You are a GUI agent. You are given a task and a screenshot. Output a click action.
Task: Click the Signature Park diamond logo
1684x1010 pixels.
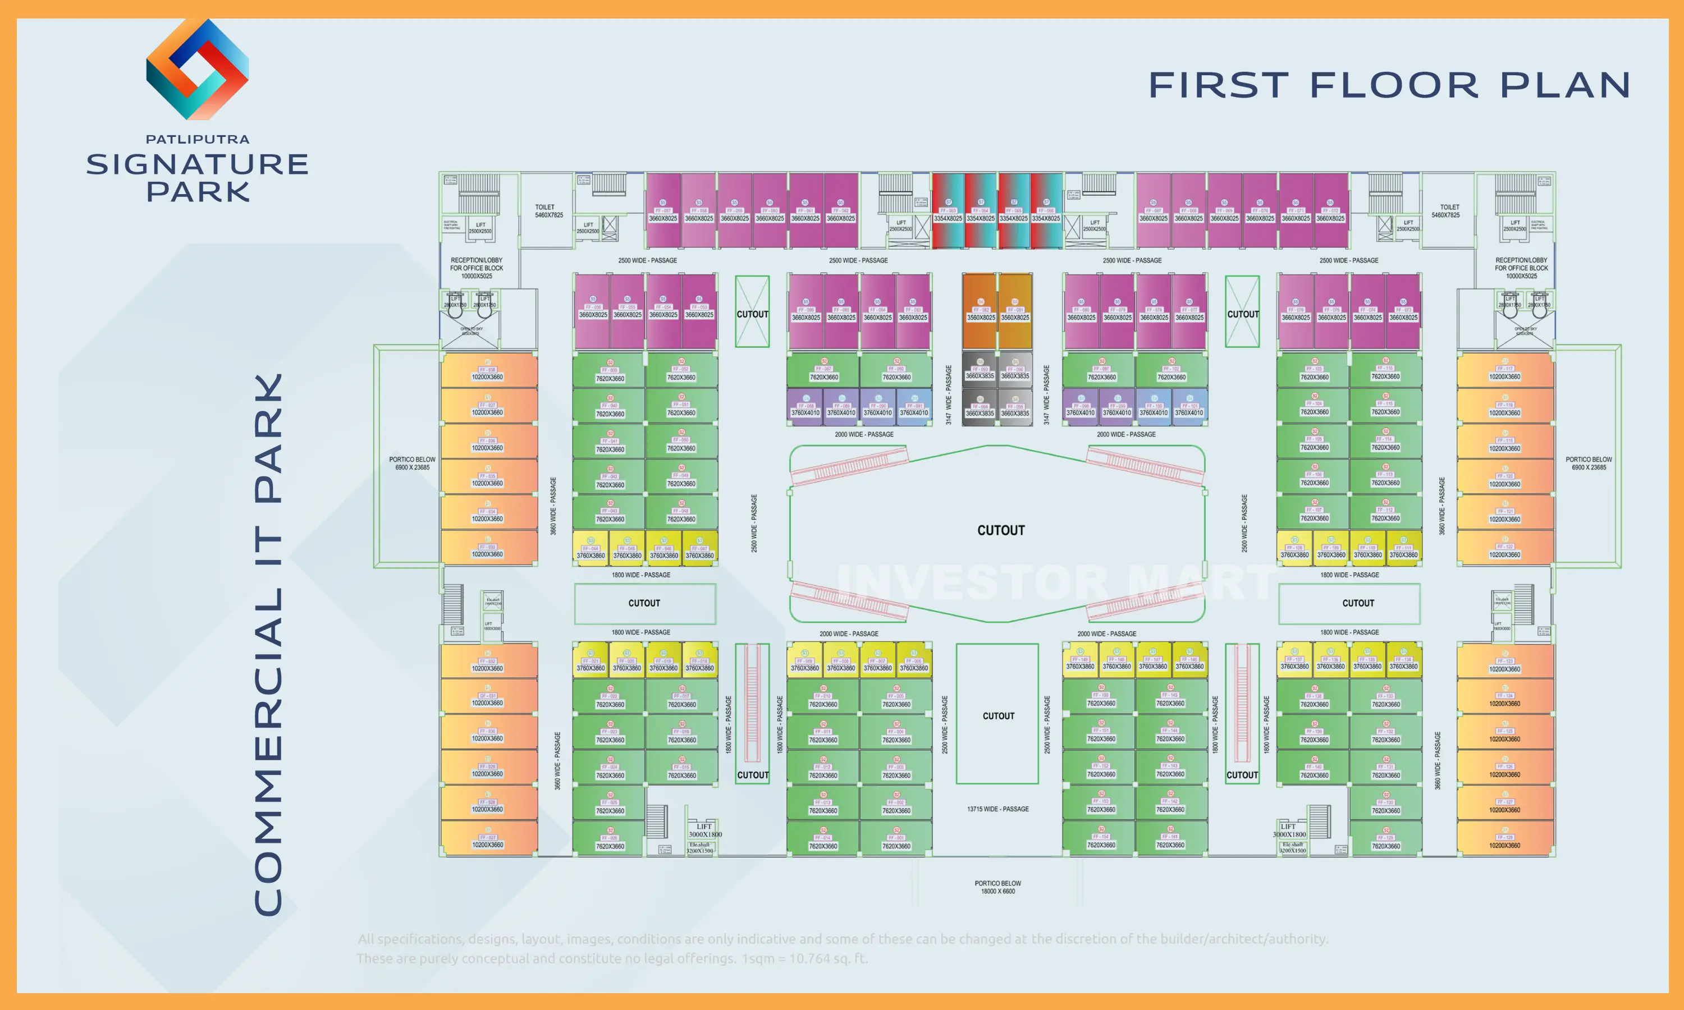click(x=198, y=70)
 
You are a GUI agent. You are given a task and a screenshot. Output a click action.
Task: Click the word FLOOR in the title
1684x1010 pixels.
click(x=1394, y=86)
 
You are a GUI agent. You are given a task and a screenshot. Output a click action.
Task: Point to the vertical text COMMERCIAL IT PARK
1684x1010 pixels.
click(x=268, y=643)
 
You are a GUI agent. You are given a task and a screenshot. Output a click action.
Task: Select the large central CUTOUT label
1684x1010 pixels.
click(x=1001, y=530)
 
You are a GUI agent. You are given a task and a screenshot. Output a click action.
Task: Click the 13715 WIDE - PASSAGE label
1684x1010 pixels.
click(x=998, y=809)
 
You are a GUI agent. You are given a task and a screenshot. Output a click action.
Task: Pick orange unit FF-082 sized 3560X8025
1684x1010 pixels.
click(x=980, y=312)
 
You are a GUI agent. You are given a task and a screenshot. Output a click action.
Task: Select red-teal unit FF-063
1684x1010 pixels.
click(x=948, y=211)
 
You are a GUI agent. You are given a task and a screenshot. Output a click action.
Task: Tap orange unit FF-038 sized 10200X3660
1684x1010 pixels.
click(x=487, y=371)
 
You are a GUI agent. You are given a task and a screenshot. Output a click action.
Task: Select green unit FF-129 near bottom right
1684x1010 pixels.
click(x=1386, y=841)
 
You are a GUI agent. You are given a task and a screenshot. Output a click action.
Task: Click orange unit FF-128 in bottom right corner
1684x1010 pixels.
click(x=1504, y=841)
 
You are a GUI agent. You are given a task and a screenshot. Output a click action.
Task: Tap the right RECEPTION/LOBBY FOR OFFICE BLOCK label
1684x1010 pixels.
click(x=1521, y=268)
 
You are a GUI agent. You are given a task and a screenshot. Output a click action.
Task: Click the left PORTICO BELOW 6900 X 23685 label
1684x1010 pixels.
click(x=412, y=463)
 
